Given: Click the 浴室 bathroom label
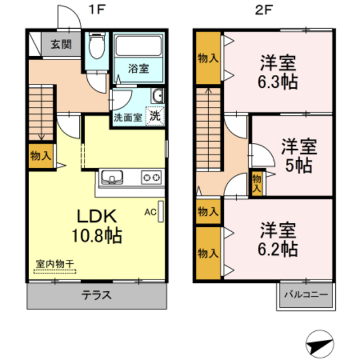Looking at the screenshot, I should [x=138, y=69].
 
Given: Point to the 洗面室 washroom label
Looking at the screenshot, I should [x=128, y=118].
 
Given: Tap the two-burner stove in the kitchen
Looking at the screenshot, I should [x=151, y=178].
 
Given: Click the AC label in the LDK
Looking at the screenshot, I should [x=150, y=212].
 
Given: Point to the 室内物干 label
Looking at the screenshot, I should [x=55, y=263].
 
